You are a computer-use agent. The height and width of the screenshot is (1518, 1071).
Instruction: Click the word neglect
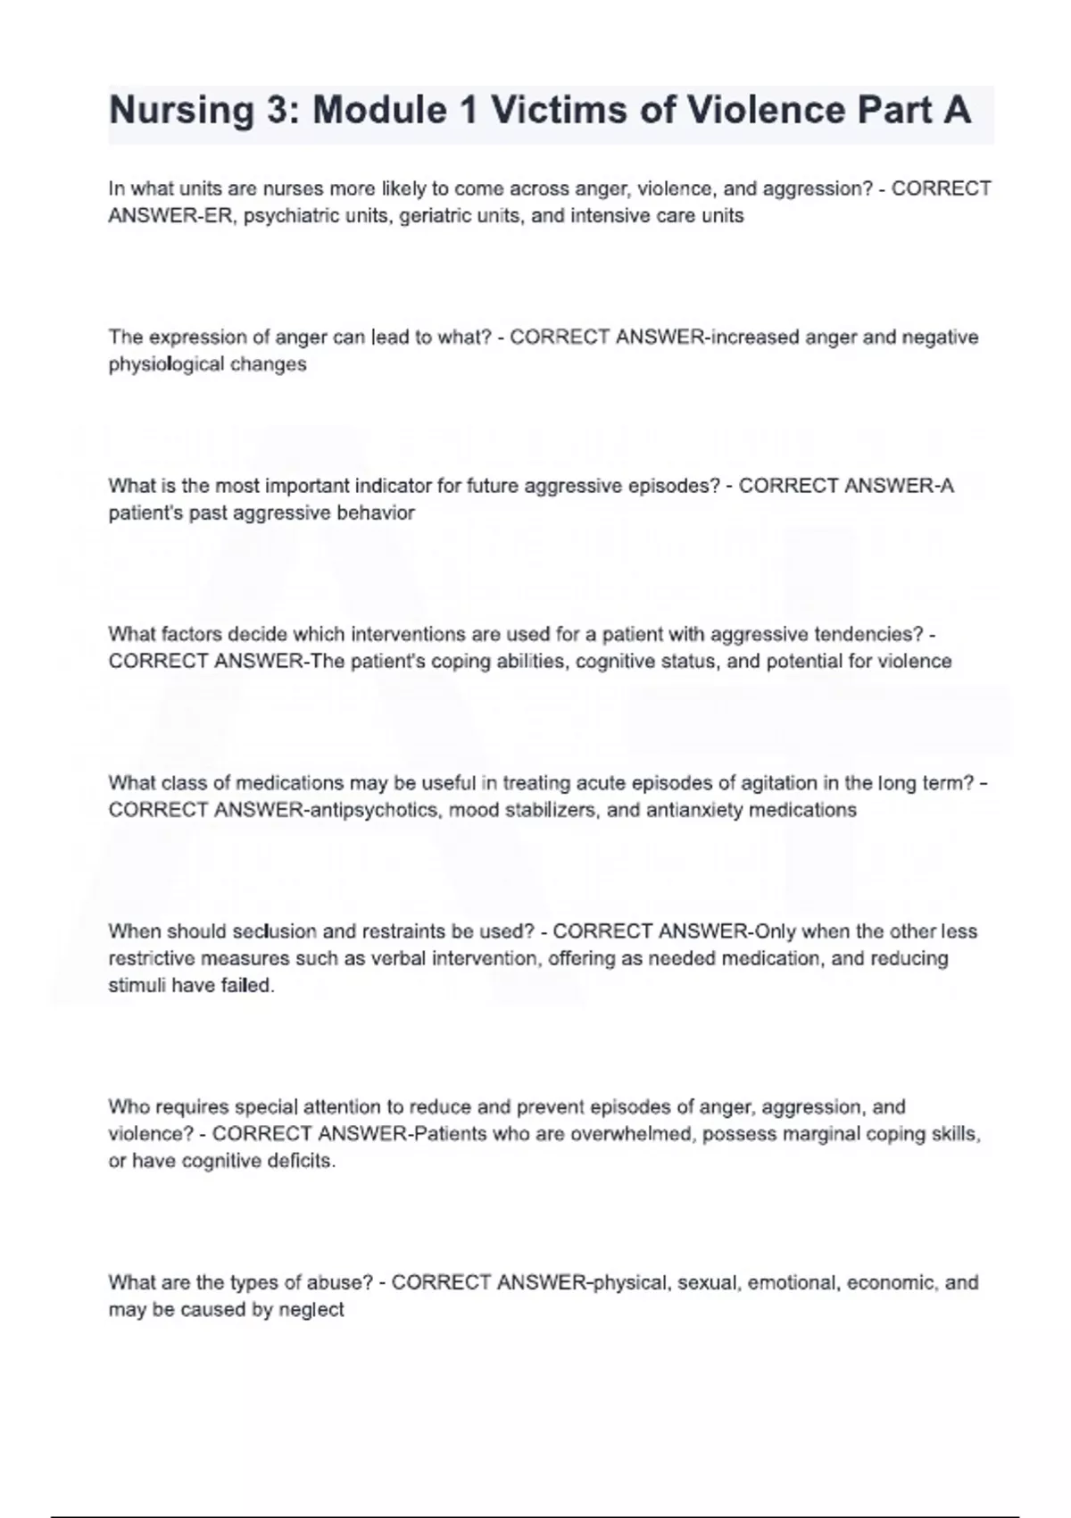pyautogui.click(x=311, y=1310)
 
